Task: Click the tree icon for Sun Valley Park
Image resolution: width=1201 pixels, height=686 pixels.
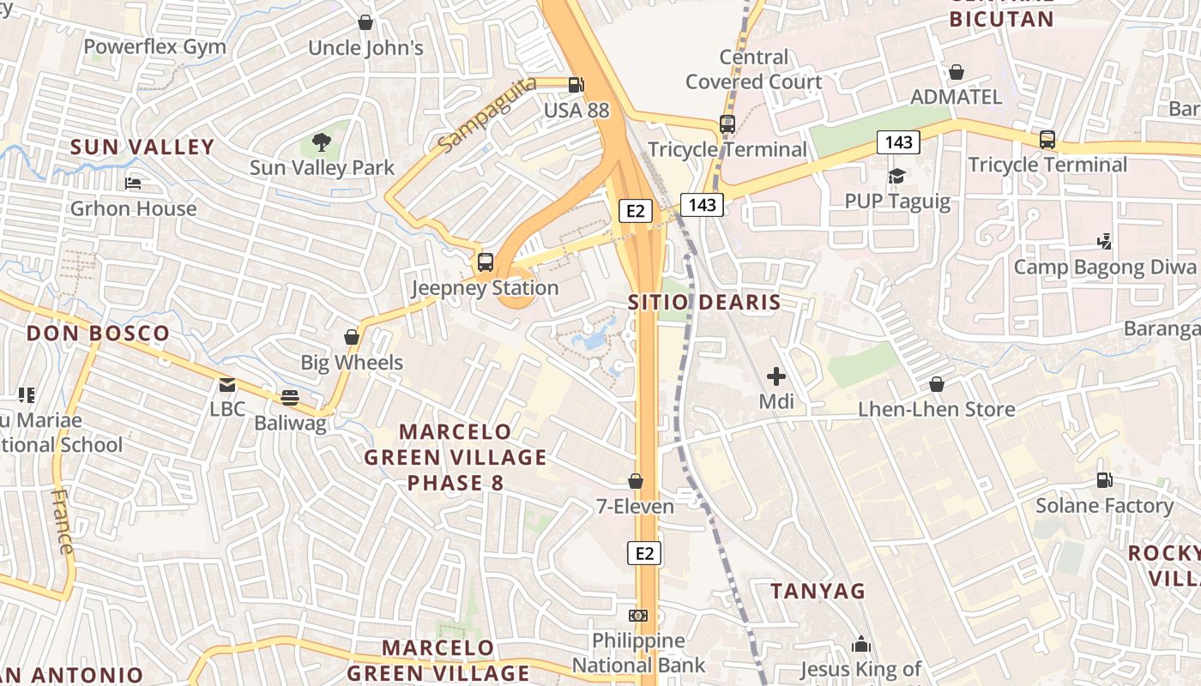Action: point(322,142)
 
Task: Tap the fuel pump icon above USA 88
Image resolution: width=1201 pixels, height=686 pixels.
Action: point(576,85)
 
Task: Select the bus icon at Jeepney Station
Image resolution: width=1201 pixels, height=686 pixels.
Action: point(486,262)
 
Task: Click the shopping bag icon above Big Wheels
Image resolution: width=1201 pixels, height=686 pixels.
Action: point(351,337)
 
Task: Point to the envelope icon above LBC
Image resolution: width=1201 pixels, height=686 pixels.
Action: point(227,385)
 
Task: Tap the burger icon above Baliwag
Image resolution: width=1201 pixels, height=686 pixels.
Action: point(290,398)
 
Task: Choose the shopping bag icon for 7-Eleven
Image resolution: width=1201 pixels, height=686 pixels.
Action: point(636,482)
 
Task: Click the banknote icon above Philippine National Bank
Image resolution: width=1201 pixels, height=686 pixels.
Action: point(638,616)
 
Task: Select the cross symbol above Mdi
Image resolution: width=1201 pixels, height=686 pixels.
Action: point(776,376)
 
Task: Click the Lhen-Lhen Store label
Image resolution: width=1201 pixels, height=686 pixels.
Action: point(937,410)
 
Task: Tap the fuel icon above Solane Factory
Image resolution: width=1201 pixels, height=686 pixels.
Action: point(1104,481)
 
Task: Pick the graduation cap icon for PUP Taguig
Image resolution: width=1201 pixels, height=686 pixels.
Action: point(897,177)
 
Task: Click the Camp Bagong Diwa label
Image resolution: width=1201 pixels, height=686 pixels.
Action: point(1105,268)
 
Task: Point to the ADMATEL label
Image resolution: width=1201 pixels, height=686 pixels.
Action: point(956,97)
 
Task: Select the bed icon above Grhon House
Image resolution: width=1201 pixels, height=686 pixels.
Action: point(133,184)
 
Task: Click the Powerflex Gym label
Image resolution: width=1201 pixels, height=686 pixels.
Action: point(155,47)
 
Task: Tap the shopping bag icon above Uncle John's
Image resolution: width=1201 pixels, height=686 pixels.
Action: point(365,23)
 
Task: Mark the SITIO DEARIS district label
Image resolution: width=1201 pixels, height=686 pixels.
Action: point(704,303)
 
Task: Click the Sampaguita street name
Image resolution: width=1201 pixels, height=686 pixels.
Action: point(486,115)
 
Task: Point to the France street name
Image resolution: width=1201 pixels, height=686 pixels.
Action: point(63,521)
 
